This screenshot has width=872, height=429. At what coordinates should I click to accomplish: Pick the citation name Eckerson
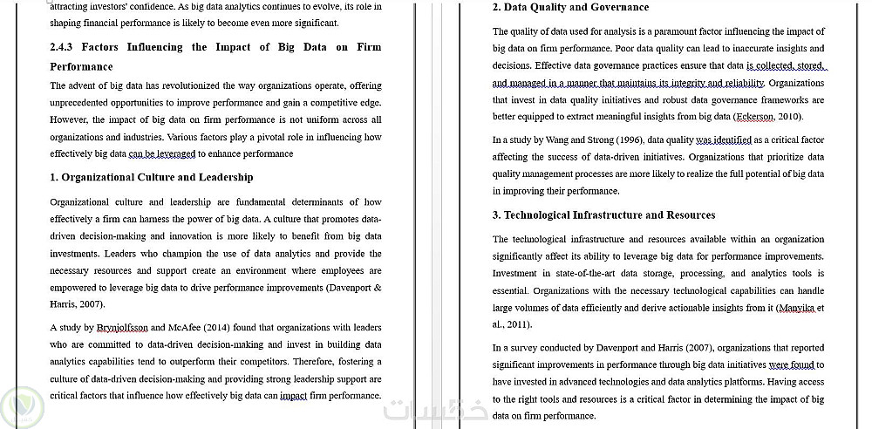click(755, 116)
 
